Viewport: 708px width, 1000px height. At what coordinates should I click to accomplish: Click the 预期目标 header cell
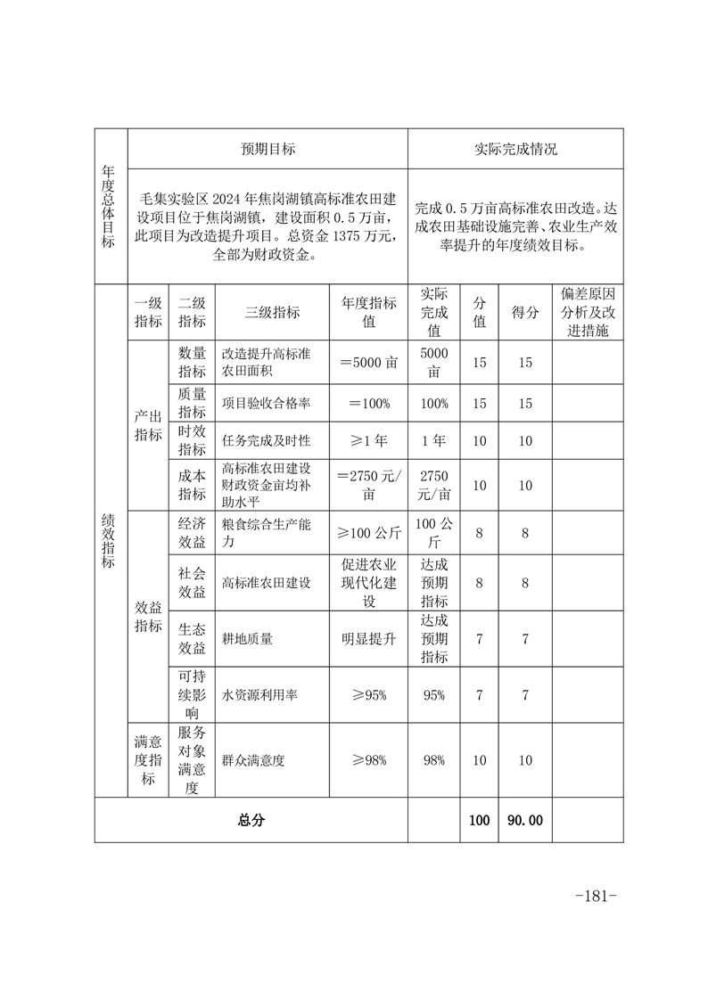pos(268,149)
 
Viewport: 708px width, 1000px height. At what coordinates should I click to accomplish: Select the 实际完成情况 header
pos(515,149)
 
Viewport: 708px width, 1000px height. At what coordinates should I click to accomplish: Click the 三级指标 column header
pos(272,312)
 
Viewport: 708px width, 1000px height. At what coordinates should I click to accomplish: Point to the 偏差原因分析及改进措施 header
pos(588,312)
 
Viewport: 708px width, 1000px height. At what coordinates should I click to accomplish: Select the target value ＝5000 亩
pos(369,363)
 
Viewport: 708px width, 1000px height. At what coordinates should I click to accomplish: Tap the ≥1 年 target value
pos(369,440)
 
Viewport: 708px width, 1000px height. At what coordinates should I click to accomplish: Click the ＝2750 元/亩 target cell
pos(369,485)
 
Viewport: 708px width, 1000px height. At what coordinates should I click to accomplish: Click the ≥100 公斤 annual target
pos(369,533)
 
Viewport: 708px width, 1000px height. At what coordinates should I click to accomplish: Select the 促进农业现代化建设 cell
pos(369,582)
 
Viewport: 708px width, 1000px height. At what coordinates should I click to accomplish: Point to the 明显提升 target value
pos(369,638)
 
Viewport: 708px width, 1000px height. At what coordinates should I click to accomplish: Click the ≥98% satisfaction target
pos(369,759)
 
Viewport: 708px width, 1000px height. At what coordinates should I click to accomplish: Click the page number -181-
pos(597,895)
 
